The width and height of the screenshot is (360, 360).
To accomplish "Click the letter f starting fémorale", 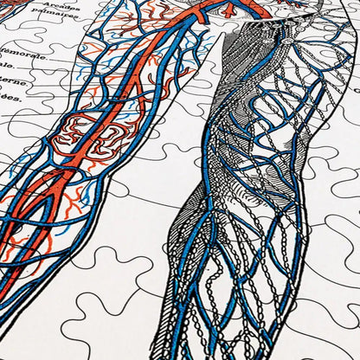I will [4, 52].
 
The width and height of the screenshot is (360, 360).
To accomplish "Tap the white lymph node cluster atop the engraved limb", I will [284, 42].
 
